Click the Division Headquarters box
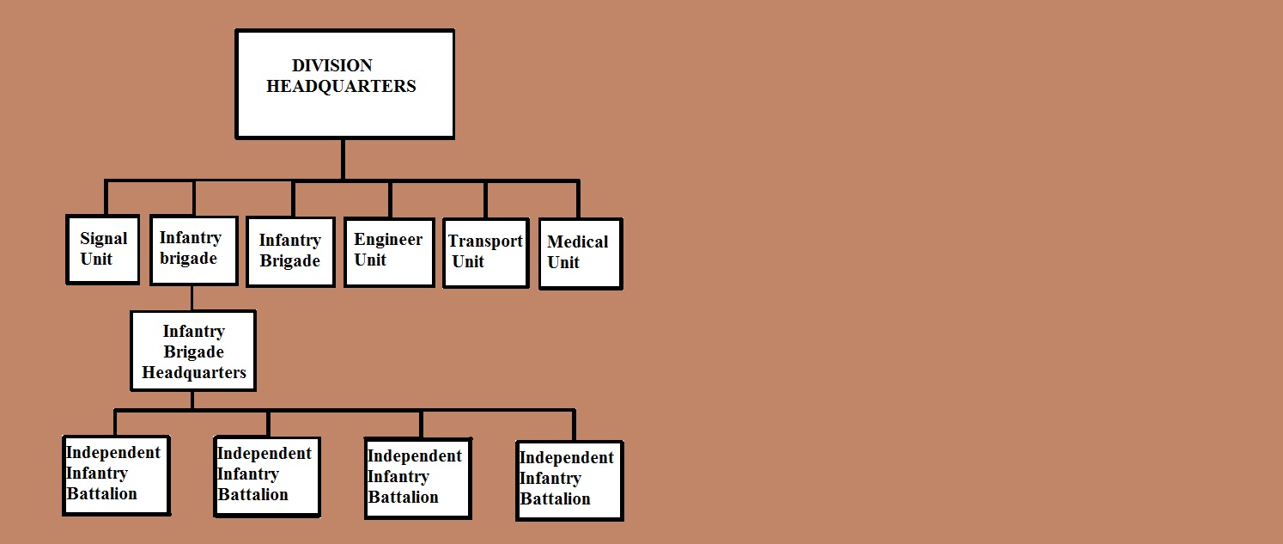tap(344, 84)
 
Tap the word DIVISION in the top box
tap(332, 65)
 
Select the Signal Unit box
tap(103, 249)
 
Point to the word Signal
tap(103, 239)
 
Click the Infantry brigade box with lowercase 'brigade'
tap(193, 250)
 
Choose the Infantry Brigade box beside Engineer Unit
tap(290, 251)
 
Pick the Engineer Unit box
tap(389, 251)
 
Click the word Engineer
tap(388, 240)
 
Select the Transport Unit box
tap(485, 253)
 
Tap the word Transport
tap(485, 241)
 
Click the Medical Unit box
tap(579, 254)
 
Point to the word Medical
tap(577, 242)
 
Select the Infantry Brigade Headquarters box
tap(193, 351)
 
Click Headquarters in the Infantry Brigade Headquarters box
tap(194, 372)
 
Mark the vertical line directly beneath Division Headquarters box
tap(343, 159)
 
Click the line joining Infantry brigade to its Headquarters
tap(192, 297)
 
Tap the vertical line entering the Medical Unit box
tap(578, 199)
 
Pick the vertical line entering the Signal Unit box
tap(106, 198)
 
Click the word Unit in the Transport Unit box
tap(468, 262)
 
